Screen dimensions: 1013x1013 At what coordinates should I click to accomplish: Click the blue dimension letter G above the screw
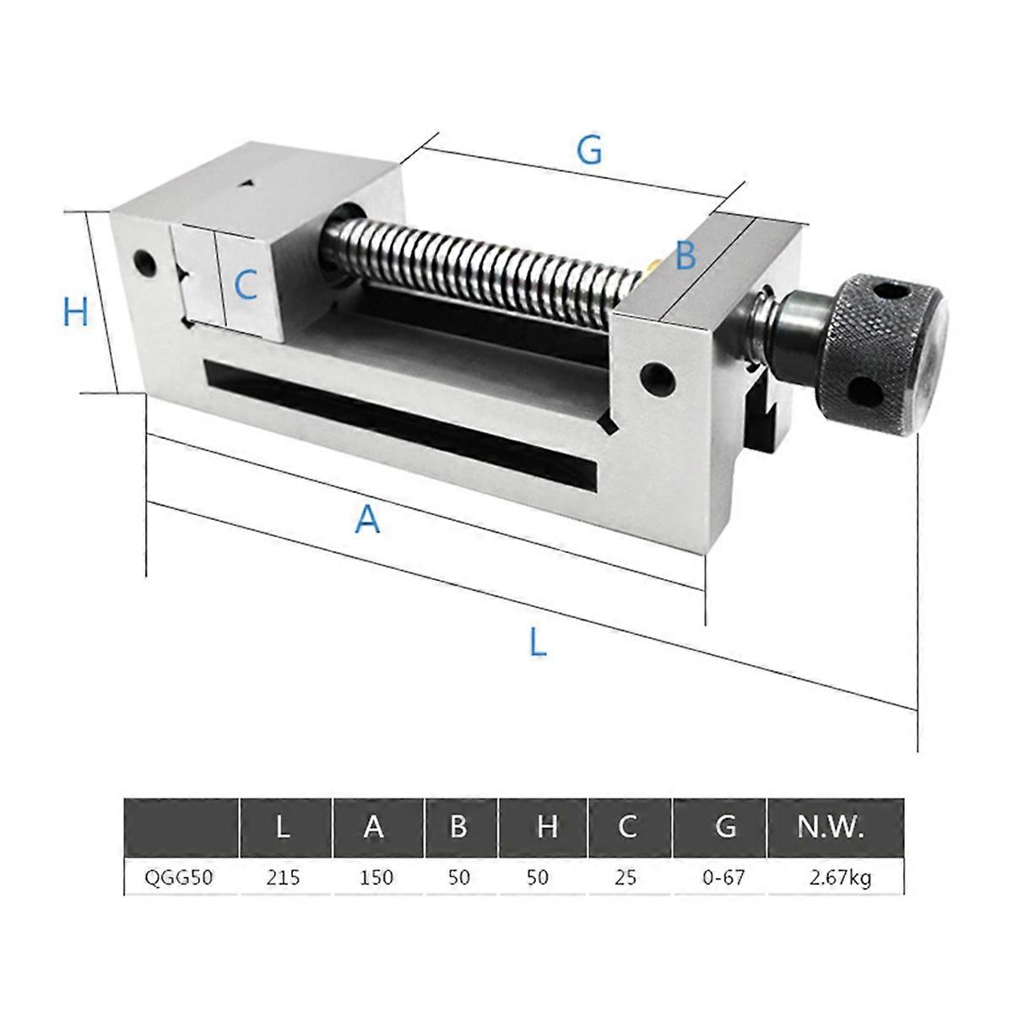(x=589, y=150)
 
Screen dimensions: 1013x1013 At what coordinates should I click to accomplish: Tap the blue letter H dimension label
(x=76, y=313)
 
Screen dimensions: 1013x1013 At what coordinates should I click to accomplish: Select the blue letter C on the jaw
(x=245, y=285)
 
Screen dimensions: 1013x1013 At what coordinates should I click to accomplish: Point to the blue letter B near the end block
(x=685, y=255)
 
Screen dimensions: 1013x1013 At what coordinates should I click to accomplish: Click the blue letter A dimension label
(x=367, y=519)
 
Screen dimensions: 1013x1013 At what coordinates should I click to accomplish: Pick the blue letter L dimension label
(x=538, y=643)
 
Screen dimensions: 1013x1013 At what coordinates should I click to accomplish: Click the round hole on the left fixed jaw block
(x=144, y=263)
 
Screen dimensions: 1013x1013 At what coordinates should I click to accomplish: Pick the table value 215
(x=284, y=878)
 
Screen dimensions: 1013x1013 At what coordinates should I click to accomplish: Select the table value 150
(x=376, y=878)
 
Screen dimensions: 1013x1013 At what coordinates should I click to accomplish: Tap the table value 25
(x=626, y=878)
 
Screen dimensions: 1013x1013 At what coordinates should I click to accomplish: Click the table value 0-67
(x=724, y=878)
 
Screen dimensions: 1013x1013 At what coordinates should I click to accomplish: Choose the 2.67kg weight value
(x=839, y=878)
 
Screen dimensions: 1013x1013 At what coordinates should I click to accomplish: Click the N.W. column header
(x=831, y=827)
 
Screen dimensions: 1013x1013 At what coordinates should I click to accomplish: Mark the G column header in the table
(x=724, y=827)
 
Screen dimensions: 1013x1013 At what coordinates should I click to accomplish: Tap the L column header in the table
(x=284, y=827)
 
